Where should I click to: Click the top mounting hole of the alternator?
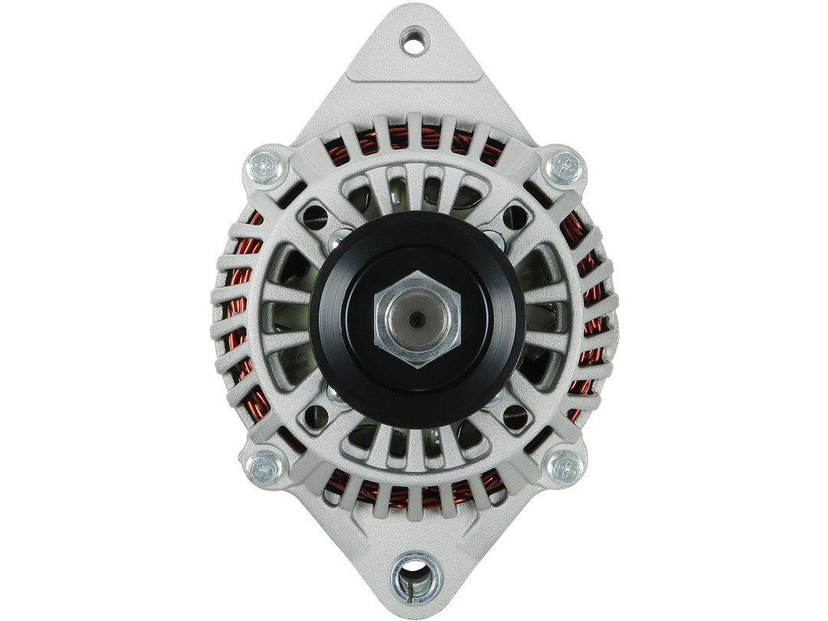pos(415,41)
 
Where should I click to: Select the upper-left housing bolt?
pos(266,167)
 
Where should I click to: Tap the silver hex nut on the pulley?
pos(417,318)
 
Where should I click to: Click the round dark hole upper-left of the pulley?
pos(315,217)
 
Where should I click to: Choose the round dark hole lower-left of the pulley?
pos(316,418)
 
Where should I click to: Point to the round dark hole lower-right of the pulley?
pos(516,418)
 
